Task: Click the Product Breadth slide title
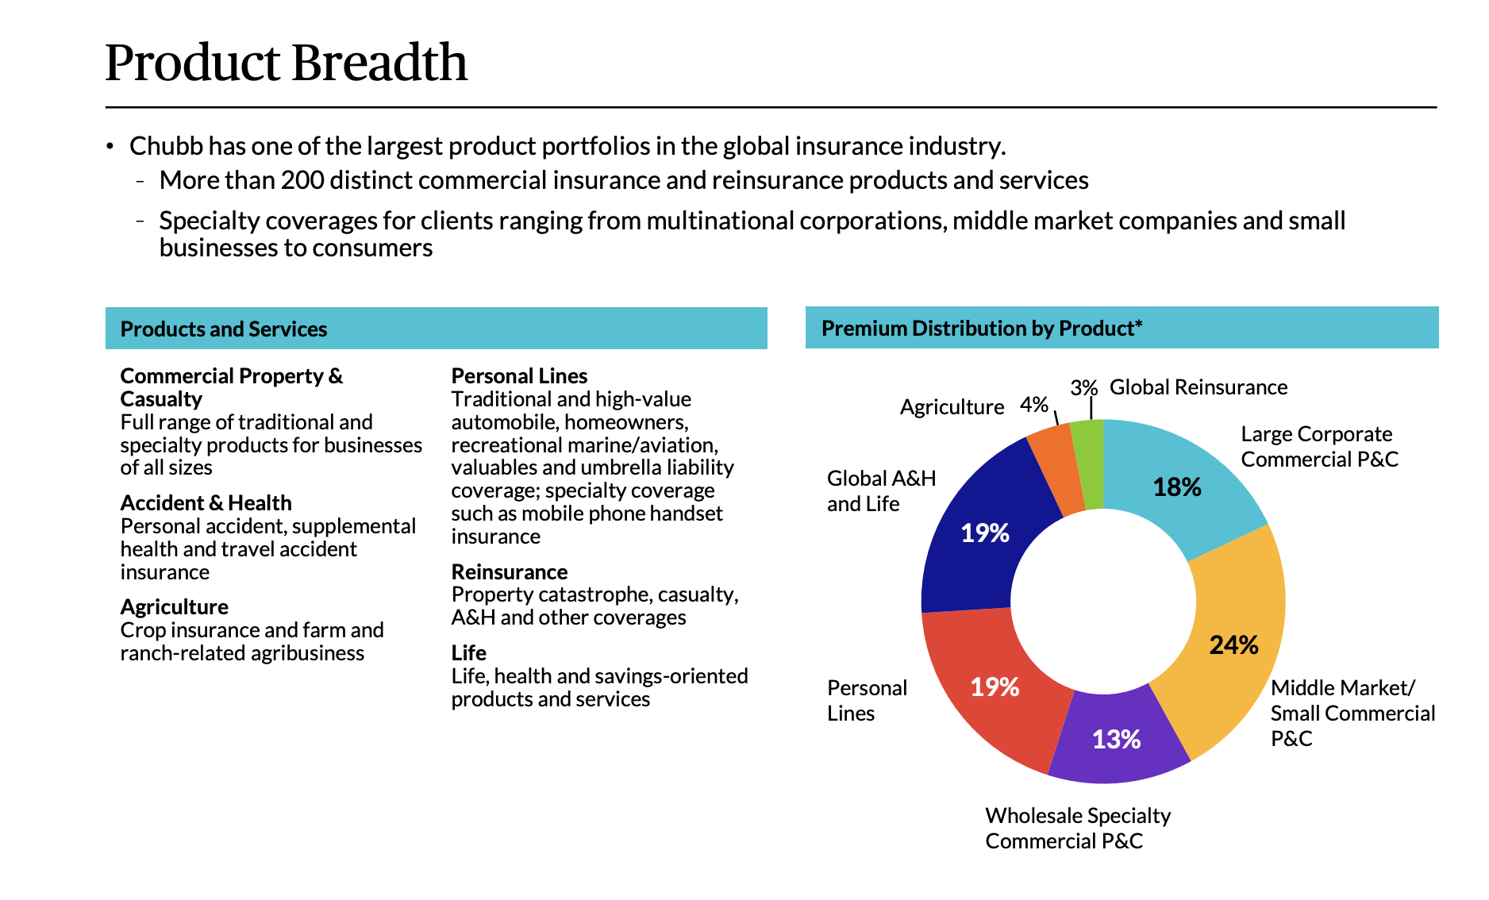(x=286, y=63)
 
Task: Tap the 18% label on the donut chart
(x=1176, y=487)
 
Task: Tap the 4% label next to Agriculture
(x=1034, y=405)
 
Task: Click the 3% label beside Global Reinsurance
(x=1083, y=388)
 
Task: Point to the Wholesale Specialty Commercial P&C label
(x=1077, y=828)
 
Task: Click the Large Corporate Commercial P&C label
(x=1318, y=447)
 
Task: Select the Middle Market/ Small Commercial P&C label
(x=1352, y=713)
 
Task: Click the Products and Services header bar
(x=436, y=329)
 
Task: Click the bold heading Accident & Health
(x=206, y=503)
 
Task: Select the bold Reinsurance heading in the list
(x=509, y=572)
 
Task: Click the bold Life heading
(x=468, y=653)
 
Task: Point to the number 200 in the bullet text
(x=302, y=180)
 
